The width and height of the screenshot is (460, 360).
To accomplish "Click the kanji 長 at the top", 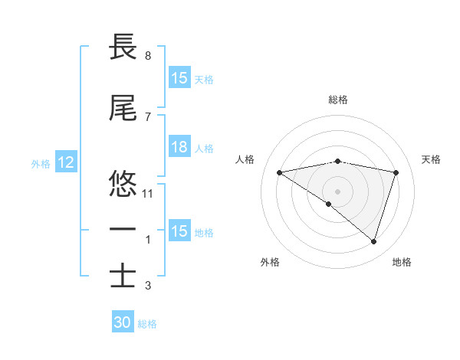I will tap(123, 47).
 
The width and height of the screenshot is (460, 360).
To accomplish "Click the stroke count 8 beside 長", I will tap(148, 56).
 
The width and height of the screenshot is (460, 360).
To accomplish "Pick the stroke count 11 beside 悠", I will tap(149, 194).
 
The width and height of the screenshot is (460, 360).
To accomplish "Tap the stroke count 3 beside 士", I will tap(148, 286).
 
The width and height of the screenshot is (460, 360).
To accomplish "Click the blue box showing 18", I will tap(179, 148).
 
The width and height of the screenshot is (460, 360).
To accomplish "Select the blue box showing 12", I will tap(65, 163).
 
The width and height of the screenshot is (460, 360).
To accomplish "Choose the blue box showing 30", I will tap(123, 323).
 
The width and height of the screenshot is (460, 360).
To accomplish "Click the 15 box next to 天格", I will tap(179, 79).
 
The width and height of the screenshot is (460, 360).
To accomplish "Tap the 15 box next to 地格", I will tap(179, 232).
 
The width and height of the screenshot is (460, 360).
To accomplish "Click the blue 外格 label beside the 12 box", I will tap(41, 163).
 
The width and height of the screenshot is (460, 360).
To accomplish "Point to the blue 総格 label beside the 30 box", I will tap(147, 324).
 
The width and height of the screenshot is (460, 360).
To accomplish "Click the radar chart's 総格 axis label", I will tap(337, 100).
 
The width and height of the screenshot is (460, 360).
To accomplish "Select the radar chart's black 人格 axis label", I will tap(245, 159).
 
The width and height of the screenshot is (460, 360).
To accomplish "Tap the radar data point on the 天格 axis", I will tap(396, 172).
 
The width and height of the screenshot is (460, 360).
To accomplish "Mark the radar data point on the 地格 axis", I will tap(373, 241).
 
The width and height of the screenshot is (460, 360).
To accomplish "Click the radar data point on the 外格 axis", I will tap(329, 204).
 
